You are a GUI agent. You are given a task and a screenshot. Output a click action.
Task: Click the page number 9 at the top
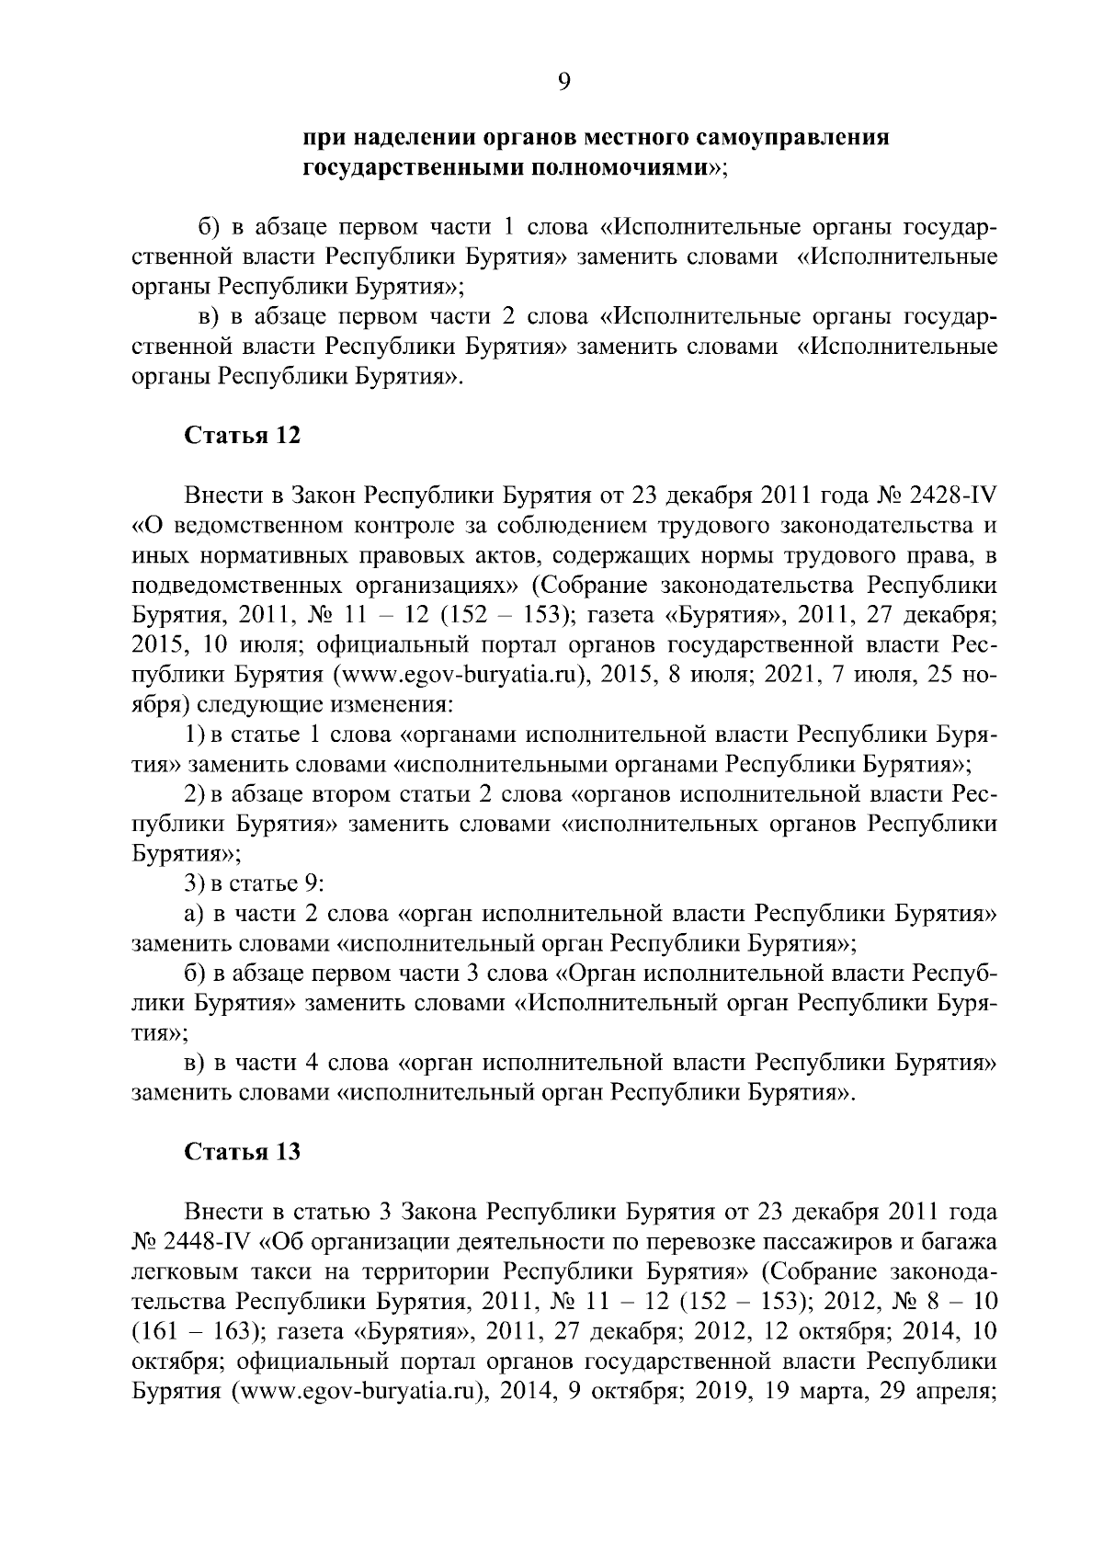coord(563,83)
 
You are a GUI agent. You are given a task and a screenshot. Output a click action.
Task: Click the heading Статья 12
coord(243,436)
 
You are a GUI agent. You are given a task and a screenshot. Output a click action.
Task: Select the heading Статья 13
coord(243,1152)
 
